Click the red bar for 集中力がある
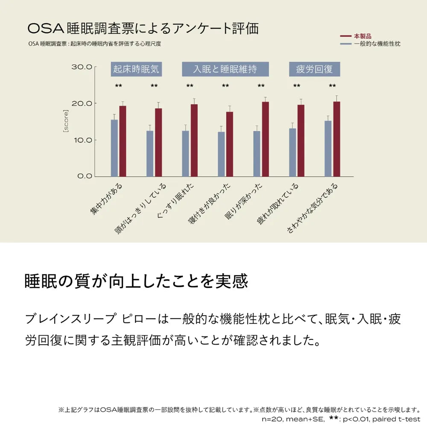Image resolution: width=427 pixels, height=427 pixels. (x=123, y=141)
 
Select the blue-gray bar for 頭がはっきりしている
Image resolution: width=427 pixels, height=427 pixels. (x=150, y=154)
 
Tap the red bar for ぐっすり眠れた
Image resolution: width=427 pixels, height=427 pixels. (x=194, y=140)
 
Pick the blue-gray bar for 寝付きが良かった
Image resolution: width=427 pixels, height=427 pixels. (x=221, y=154)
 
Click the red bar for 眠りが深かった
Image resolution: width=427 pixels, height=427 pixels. (x=265, y=139)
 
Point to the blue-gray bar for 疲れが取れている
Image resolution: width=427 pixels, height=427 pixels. (x=292, y=152)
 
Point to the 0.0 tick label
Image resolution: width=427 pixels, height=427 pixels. (x=84, y=176)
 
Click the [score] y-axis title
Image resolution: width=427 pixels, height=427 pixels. (x=66, y=121)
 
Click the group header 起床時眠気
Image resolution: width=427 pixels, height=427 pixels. (x=136, y=69)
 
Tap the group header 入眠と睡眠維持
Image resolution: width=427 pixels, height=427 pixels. (x=225, y=69)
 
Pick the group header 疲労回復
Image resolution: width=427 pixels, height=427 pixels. (x=314, y=69)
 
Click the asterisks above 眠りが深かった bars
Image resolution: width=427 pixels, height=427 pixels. (x=261, y=86)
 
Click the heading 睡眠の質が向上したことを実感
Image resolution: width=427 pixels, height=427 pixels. (x=136, y=281)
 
